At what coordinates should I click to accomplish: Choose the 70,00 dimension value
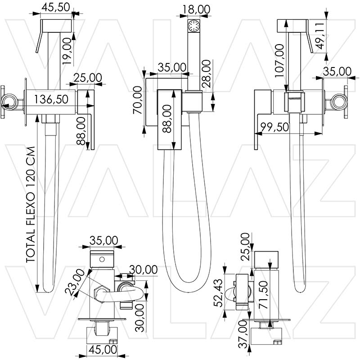(x=138, y=99)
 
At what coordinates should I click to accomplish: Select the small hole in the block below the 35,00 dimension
(x=102, y=260)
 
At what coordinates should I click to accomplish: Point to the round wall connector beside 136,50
(x=10, y=103)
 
